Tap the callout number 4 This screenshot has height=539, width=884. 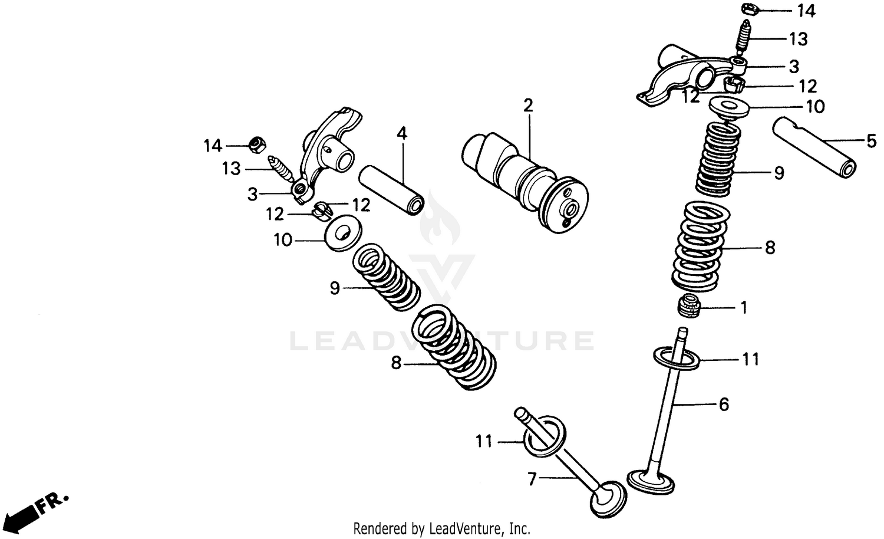(x=401, y=133)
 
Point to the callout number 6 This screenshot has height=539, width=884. (x=724, y=405)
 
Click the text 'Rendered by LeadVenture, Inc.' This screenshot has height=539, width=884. (x=441, y=528)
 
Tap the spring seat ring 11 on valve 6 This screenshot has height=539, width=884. (x=677, y=358)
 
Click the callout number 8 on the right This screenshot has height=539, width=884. (x=770, y=248)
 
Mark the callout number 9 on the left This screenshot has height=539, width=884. (x=335, y=288)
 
